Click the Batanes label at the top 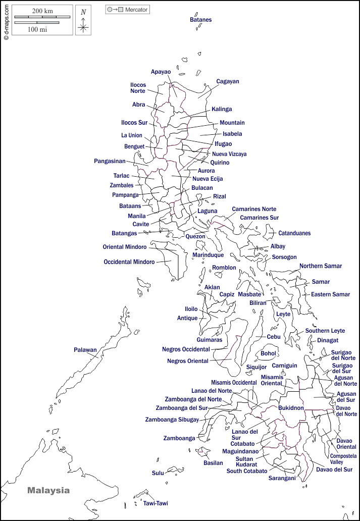tap(200, 20)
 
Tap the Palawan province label tap(85, 350)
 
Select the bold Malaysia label tap(48, 490)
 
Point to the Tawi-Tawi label tap(155, 503)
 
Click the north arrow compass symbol tap(83, 21)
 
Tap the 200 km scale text tap(42, 11)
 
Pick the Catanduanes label tap(294, 233)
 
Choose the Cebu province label tap(274, 337)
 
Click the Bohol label tap(268, 353)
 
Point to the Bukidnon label tap(291, 407)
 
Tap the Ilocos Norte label tap(138, 88)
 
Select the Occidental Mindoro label tap(129, 262)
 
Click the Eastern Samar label tap(330, 294)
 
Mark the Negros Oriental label tap(187, 361)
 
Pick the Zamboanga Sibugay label tap(172, 420)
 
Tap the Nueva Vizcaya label tap(229, 154)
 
